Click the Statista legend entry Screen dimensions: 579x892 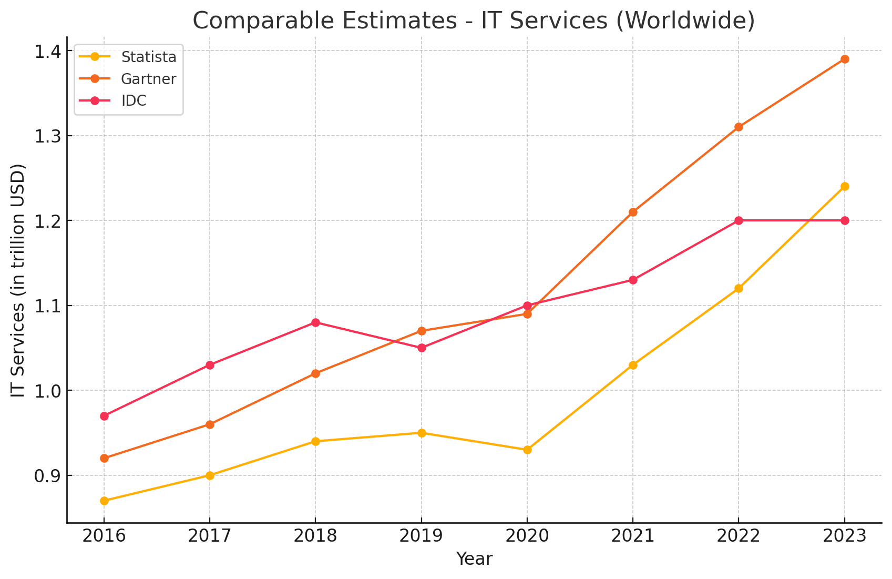(148, 56)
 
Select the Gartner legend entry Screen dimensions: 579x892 (148, 79)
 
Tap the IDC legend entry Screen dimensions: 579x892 (134, 101)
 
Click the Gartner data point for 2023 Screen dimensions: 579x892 (844, 59)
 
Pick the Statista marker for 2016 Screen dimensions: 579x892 (104, 501)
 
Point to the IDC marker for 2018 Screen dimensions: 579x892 (315, 322)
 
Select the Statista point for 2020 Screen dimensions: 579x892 (527, 450)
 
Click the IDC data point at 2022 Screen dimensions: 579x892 (739, 220)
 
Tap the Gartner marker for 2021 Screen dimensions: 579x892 (633, 212)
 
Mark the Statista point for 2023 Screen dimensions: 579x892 (844, 186)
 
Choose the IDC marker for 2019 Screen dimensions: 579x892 (422, 348)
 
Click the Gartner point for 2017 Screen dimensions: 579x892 (210, 424)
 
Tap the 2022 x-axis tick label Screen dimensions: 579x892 (739, 536)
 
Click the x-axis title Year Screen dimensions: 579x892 (474, 559)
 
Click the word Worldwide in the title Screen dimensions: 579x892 (684, 21)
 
